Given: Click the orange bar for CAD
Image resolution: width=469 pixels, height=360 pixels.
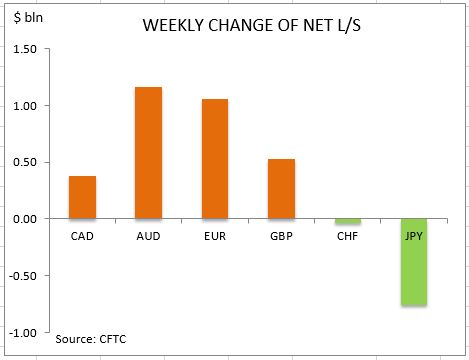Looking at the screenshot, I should point(82,197).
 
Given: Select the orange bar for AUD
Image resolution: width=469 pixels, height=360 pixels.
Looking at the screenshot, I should point(148,153).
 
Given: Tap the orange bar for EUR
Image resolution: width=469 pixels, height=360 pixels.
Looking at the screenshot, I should point(215,158).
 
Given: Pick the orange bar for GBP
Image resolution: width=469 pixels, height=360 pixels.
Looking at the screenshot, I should point(281,188).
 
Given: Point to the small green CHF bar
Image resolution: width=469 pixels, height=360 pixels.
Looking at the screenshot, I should point(348,221).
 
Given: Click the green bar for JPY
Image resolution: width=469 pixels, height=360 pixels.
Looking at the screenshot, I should point(414,262).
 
